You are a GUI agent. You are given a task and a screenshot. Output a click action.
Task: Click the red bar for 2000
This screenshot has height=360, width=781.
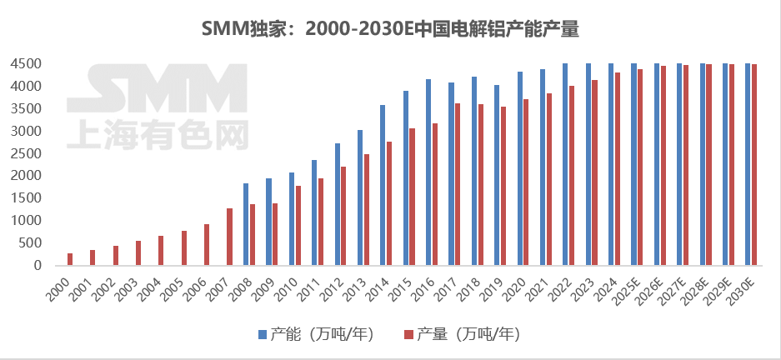click(70, 259)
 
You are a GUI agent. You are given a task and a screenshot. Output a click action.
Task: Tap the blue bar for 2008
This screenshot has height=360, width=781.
click(246, 224)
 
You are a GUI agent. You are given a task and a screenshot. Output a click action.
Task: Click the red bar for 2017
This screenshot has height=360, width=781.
click(458, 184)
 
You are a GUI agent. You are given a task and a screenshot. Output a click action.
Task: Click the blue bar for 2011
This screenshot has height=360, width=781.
click(314, 212)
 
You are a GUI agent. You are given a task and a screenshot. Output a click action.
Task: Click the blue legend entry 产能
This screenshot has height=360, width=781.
click(315, 334)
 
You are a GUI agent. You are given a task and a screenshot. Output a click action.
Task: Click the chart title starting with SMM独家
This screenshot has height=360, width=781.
click(390, 29)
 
